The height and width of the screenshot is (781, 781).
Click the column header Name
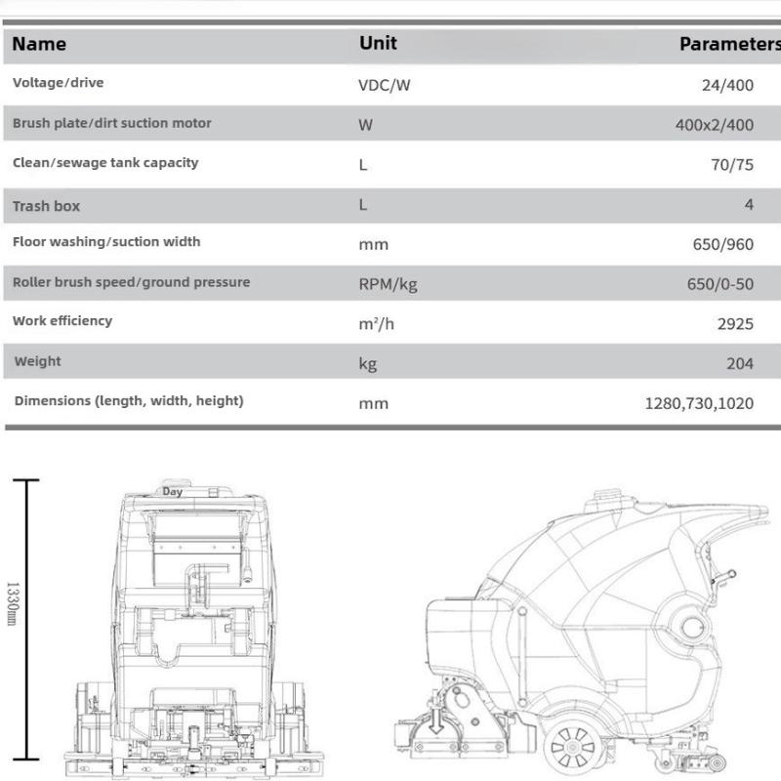click(x=39, y=44)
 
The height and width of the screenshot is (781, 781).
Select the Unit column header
click(x=378, y=43)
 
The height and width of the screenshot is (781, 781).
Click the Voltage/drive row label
click(x=58, y=82)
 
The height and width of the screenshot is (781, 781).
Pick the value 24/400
click(x=727, y=85)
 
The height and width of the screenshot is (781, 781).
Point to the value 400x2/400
click(x=715, y=125)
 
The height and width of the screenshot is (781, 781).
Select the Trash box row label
click(x=46, y=206)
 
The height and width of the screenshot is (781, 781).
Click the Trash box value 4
click(x=748, y=205)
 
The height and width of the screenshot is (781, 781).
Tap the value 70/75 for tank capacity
click(x=732, y=165)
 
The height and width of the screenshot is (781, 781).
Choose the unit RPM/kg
click(x=388, y=284)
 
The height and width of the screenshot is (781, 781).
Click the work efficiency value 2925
click(x=735, y=324)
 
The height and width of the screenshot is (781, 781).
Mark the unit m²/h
click(x=376, y=324)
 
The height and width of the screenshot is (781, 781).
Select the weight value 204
click(x=740, y=363)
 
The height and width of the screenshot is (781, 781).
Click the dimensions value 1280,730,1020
click(x=699, y=403)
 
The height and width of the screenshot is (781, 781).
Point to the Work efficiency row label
click(x=62, y=321)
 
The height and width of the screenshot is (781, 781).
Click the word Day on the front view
click(x=173, y=492)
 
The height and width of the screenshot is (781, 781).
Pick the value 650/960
click(x=723, y=244)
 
